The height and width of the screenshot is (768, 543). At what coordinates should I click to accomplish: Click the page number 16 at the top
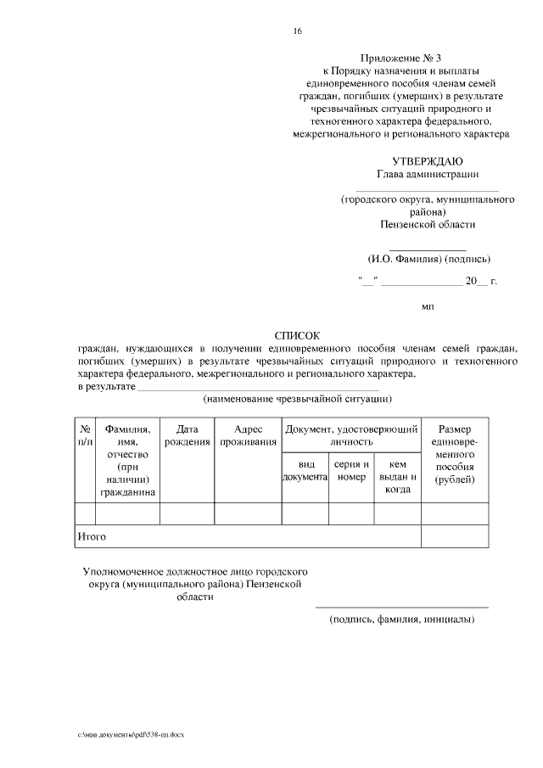point(297,31)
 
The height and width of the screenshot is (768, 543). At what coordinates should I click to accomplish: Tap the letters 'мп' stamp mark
point(428,306)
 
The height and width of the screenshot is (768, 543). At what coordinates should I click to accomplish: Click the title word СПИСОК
point(298,336)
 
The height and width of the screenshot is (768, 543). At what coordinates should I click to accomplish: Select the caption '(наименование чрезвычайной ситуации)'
point(297,398)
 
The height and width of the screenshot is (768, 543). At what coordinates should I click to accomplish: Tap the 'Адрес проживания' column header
point(248,436)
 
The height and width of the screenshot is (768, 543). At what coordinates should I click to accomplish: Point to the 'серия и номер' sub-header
point(351,471)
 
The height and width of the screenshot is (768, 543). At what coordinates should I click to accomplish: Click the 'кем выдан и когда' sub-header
point(398,476)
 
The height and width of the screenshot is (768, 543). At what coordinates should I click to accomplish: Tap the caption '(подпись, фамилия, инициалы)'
point(401,619)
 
